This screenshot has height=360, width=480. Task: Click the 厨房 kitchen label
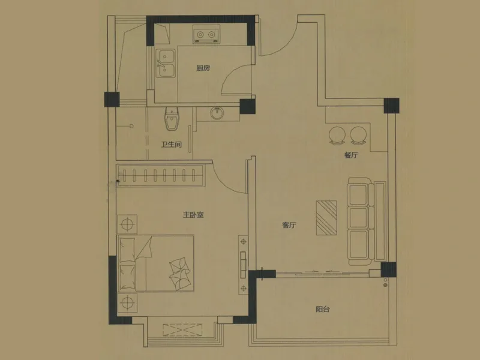pyautogui.click(x=203, y=68)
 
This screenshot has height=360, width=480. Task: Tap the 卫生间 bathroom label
pyautogui.click(x=172, y=145)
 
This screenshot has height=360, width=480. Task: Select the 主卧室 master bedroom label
pyautogui.click(x=193, y=215)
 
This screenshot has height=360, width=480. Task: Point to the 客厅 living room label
pyautogui.click(x=289, y=226)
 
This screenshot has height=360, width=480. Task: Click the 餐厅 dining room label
pyautogui.click(x=351, y=155)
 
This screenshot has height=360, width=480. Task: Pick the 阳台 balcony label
pyautogui.click(x=323, y=309)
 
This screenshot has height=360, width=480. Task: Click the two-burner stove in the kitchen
pyautogui.click(x=206, y=34)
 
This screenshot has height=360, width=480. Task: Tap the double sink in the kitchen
pyautogui.click(x=166, y=64)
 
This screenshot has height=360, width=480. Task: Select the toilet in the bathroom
pyautogui.click(x=172, y=119)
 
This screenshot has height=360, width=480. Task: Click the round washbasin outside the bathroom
pyautogui.click(x=217, y=113)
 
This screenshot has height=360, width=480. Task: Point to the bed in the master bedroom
pyautogui.click(x=156, y=263)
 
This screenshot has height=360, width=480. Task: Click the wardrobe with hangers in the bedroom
pyautogui.click(x=160, y=175)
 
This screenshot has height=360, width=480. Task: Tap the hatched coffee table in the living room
pyautogui.click(x=326, y=218)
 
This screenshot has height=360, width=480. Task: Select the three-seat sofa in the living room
pyautogui.click(x=367, y=221)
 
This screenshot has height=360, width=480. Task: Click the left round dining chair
pyautogui.click(x=337, y=135)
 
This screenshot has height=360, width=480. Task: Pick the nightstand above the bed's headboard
pyautogui.click(x=127, y=224)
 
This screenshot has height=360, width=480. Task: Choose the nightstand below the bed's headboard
pyautogui.click(x=127, y=303)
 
